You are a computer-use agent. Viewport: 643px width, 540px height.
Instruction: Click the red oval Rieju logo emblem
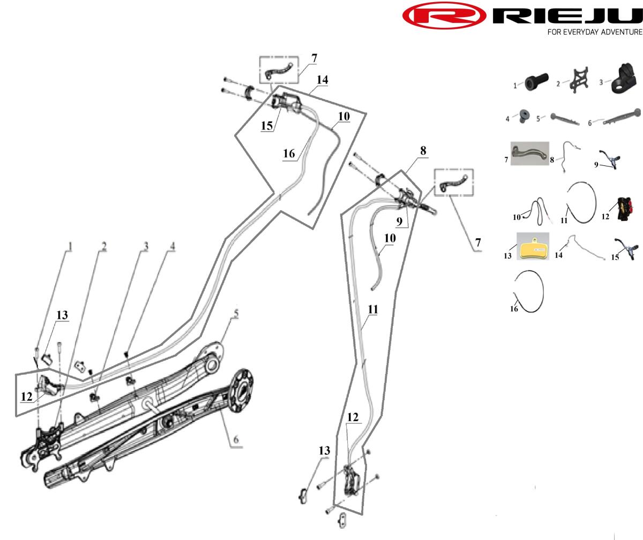click(x=444, y=16)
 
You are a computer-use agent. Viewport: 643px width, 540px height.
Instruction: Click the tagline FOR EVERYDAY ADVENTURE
click(x=595, y=32)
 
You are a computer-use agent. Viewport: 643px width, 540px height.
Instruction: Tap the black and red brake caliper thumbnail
click(x=625, y=209)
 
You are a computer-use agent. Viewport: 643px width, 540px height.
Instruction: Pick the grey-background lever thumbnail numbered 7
click(x=530, y=153)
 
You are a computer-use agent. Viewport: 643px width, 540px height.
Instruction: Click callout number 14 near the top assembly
click(x=323, y=80)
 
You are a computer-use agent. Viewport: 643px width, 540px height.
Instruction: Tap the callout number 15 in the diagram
click(x=267, y=126)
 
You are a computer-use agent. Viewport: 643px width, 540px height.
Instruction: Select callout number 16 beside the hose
click(x=289, y=154)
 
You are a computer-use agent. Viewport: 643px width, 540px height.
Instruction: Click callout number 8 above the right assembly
click(x=423, y=151)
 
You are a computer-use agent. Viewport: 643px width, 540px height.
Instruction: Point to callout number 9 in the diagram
click(x=399, y=221)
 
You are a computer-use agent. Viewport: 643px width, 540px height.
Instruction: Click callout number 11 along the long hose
click(x=373, y=309)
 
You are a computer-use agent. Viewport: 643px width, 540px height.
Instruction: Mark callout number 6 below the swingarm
click(x=236, y=440)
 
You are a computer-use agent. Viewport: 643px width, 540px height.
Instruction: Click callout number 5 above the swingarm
click(x=236, y=314)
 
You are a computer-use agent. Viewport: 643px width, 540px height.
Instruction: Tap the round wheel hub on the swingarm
click(x=242, y=391)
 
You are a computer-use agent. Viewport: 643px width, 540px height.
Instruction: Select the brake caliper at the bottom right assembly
click(x=352, y=480)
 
